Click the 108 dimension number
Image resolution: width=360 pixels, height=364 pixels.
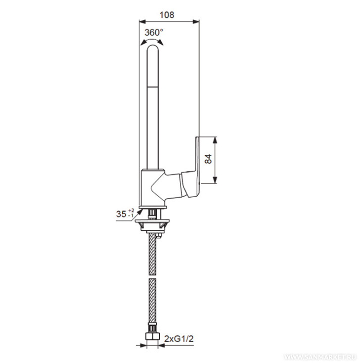pyautogui.click(x=167, y=15)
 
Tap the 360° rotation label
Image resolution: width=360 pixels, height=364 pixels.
pyautogui.click(x=154, y=33)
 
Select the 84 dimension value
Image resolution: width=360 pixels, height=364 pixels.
pyautogui.click(x=208, y=159)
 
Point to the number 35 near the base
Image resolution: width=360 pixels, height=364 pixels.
pyautogui.click(x=121, y=214)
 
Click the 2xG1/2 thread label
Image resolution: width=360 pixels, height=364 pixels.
pyautogui.click(x=179, y=339)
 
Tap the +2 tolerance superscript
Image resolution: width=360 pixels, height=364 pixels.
pyautogui.click(x=131, y=210)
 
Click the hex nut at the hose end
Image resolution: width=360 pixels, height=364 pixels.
pyautogui.click(x=152, y=337)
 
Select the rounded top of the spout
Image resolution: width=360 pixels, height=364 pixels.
pyautogui.click(x=153, y=47)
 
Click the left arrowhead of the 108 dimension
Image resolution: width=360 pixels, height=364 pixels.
pyautogui.click(x=142, y=22)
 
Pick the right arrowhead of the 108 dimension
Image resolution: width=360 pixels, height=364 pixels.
pyautogui.click(x=196, y=22)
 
